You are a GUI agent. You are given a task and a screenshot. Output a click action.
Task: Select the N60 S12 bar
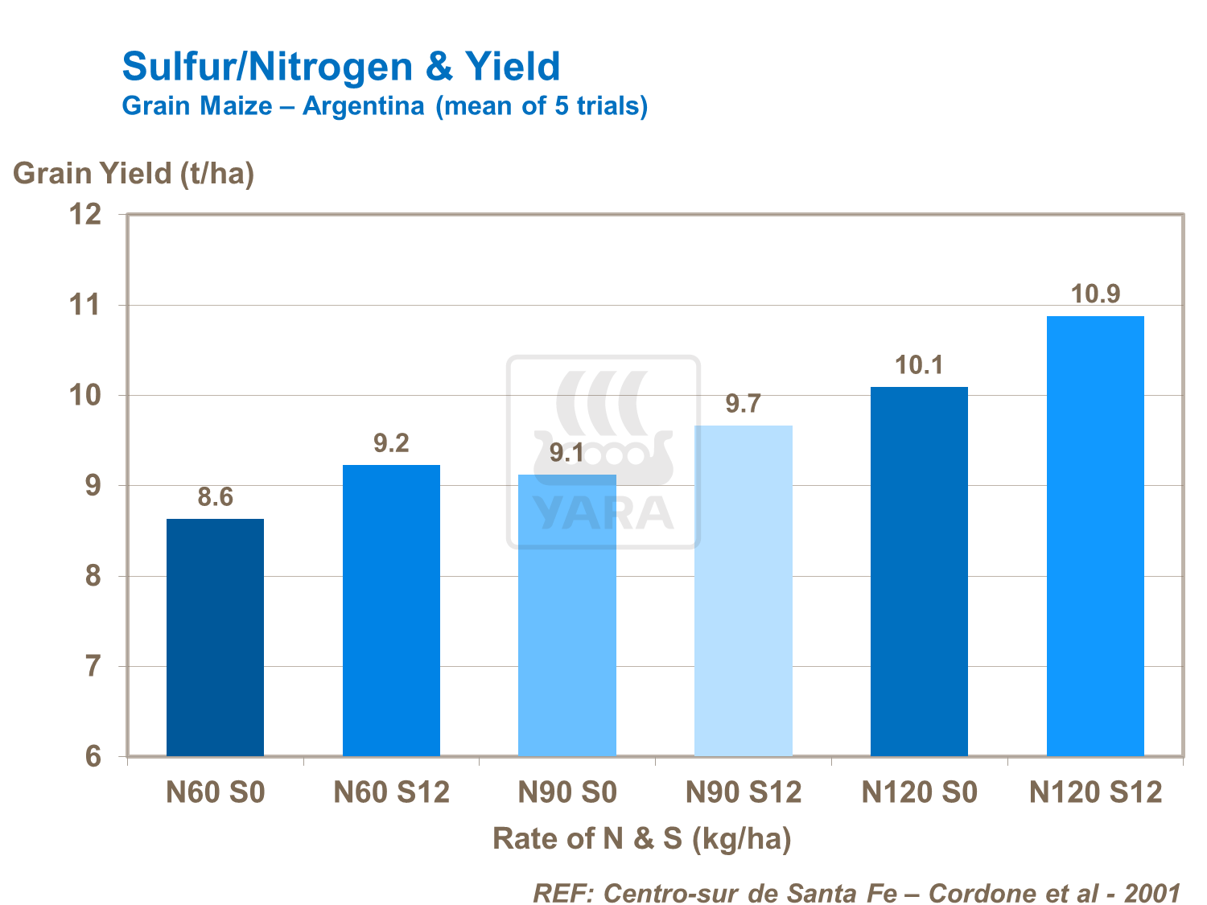click(391, 611)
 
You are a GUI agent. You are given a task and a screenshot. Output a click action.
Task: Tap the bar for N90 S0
click(567, 615)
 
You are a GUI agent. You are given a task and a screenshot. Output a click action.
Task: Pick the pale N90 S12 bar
click(744, 591)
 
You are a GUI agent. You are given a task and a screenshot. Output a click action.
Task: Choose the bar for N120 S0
click(919, 572)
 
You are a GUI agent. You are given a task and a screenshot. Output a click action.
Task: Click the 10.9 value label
click(1096, 294)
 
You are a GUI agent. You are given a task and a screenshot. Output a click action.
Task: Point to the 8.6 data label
click(216, 497)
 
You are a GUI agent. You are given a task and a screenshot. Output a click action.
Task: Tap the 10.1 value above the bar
click(919, 366)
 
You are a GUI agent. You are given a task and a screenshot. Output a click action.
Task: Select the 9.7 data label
click(743, 403)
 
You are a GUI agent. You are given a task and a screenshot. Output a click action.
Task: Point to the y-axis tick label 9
click(93, 486)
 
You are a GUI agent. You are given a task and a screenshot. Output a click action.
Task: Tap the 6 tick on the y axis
click(93, 757)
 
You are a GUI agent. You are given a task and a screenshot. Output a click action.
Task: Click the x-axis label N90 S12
click(744, 793)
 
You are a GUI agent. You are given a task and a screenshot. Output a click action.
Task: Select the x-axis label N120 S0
click(919, 793)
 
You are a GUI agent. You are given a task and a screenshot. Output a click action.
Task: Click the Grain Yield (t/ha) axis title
click(134, 173)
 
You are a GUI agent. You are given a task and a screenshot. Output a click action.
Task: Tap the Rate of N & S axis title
click(642, 839)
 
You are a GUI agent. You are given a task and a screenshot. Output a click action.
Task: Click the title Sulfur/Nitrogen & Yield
click(341, 66)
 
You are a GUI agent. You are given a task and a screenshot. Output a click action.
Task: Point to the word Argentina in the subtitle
click(363, 106)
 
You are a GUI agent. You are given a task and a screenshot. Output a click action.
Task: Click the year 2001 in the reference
click(1151, 893)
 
